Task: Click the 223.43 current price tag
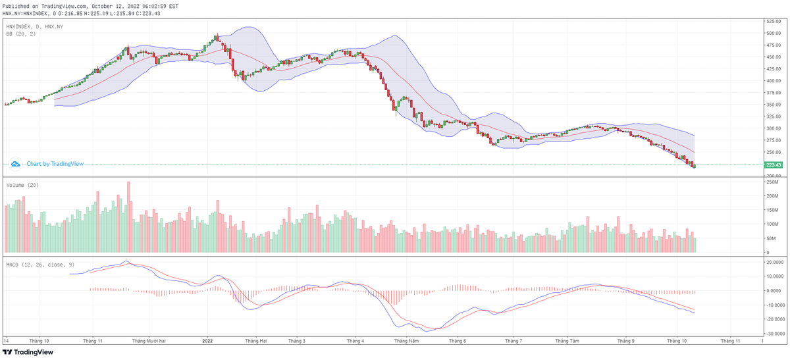[773, 165]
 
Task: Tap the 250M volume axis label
[772, 182]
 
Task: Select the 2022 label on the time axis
[208, 341]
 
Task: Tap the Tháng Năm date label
[406, 341]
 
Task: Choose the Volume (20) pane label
[22, 186]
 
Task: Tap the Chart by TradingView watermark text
[51, 163]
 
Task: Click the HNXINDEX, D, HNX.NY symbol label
[35, 26]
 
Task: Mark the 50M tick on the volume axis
[770, 239]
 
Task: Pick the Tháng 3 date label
[298, 341]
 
